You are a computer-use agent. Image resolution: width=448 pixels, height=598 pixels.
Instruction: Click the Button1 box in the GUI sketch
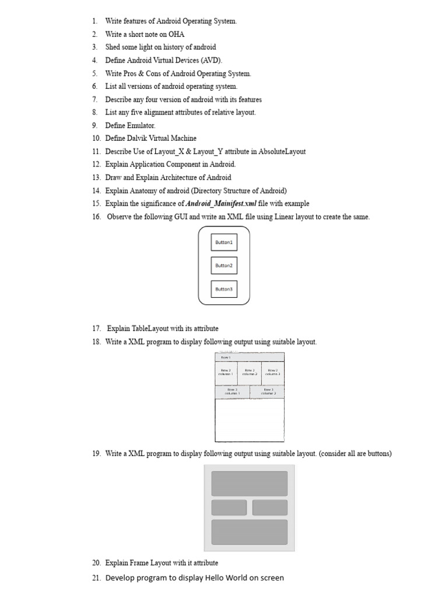224,242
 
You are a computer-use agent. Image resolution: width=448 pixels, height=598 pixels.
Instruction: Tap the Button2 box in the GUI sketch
224,266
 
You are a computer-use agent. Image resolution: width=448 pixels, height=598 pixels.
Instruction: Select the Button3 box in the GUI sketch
224,289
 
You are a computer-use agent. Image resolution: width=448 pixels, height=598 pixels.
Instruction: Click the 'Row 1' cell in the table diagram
250,357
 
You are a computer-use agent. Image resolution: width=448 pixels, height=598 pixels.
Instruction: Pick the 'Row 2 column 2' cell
250,373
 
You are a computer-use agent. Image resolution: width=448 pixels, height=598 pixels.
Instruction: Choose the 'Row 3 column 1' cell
232,392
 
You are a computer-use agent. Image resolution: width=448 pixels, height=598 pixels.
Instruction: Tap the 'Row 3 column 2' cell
268,392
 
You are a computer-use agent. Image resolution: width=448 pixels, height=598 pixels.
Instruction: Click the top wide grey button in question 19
249,484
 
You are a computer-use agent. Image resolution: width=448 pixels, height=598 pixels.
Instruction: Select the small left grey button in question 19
229,507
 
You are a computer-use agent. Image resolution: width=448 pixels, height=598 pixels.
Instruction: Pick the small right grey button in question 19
269,507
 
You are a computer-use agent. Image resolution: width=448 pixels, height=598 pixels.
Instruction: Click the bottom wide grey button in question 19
249,532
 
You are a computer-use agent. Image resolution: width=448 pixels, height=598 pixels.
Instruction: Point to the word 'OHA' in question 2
177,34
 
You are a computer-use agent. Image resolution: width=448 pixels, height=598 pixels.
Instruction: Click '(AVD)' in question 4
211,60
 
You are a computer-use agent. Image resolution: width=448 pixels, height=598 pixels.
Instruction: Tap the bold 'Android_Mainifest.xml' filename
221,204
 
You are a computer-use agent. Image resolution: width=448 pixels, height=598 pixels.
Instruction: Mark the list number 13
96,178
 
